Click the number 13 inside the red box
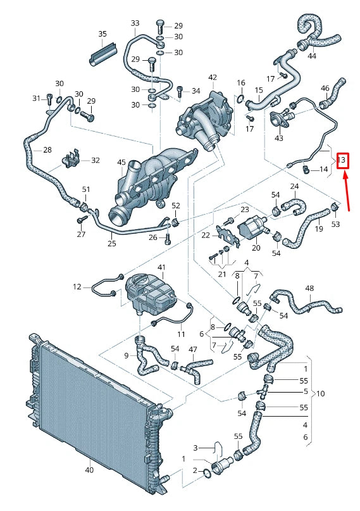[x=342, y=160]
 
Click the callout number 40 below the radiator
[x=89, y=469]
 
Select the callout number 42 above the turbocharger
[x=213, y=78]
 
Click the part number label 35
[x=102, y=34]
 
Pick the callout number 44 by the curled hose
[x=312, y=56]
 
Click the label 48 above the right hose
[x=309, y=288]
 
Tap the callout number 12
[x=77, y=287]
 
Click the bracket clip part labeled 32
[x=71, y=161]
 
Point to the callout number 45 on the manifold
[x=121, y=163]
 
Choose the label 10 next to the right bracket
[x=321, y=393]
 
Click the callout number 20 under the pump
[x=256, y=248]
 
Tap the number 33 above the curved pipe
[x=135, y=23]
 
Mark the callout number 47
[x=193, y=350]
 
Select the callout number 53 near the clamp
[x=335, y=224]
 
